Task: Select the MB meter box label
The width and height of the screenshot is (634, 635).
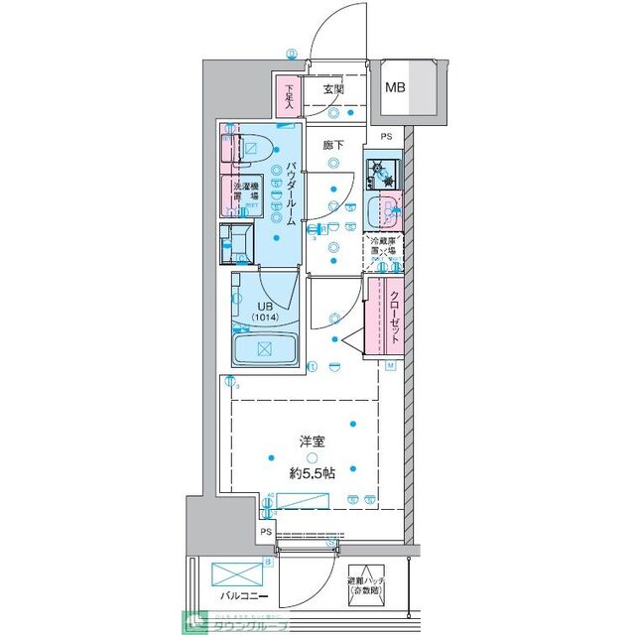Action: (395, 87)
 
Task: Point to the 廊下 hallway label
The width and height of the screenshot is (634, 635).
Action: (332, 145)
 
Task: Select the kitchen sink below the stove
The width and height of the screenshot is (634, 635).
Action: (382, 211)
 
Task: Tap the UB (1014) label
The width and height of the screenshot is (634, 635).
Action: (265, 312)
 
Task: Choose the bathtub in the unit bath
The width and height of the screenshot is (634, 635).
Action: (264, 348)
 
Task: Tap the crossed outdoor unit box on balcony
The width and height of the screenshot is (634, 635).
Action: (232, 574)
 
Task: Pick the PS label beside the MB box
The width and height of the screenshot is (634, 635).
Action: (387, 137)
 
